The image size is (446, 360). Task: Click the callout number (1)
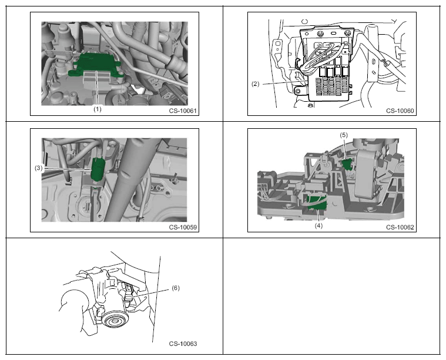pos(98,109)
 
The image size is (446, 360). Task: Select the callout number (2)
pos(256,84)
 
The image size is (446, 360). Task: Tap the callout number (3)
pos(39,168)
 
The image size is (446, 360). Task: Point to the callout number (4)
pos(318,225)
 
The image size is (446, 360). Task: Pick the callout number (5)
pos(344,135)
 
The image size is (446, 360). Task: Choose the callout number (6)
pos(176,288)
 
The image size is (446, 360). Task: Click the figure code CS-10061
pos(183,111)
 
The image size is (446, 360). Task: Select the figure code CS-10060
pos(400,111)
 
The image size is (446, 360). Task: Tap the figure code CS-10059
pos(183,227)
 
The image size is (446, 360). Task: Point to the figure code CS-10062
pos(400,227)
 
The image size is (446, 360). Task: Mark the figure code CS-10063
pos(183,344)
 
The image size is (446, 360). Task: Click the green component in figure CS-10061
pos(95,64)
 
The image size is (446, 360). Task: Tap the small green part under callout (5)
pos(346,164)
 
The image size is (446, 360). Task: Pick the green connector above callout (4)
pos(317,204)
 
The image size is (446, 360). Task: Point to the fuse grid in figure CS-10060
pos(332,86)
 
